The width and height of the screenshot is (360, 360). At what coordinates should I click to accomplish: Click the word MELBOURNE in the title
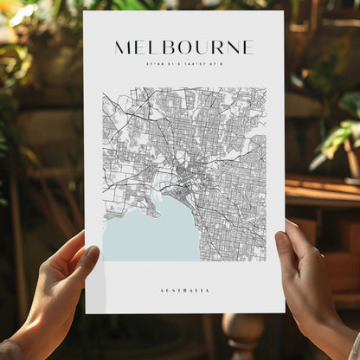tap(183, 47)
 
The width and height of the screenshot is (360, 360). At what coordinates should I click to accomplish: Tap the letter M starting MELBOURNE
tap(123, 47)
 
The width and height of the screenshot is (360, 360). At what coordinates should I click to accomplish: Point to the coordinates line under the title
tap(183, 63)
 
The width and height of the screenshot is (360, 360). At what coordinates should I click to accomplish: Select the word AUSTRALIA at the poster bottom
tap(183, 290)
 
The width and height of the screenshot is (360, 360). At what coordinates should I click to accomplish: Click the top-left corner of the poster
tap(84, 11)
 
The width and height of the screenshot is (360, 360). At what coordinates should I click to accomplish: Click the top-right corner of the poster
tap(283, 11)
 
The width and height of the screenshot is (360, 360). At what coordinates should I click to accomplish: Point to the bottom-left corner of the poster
tap(85, 312)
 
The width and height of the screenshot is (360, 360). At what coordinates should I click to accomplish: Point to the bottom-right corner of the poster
tap(285, 312)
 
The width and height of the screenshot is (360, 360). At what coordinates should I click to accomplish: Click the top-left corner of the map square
tap(103, 87)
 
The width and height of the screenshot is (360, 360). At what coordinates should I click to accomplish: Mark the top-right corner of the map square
tap(266, 87)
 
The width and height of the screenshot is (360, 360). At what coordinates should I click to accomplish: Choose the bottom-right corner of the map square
tap(266, 260)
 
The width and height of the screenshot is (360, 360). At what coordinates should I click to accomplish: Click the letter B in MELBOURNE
tap(170, 47)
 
